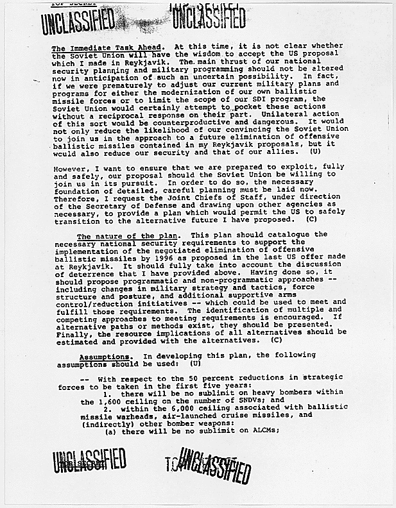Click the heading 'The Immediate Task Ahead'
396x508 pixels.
[x=107, y=47]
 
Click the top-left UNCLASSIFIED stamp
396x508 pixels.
[x=79, y=22]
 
